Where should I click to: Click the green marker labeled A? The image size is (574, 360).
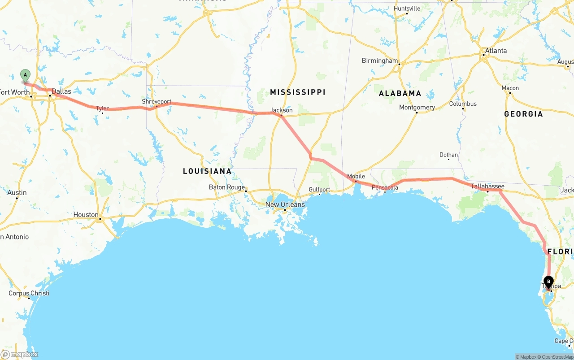26,75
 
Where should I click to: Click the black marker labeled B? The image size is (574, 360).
548,282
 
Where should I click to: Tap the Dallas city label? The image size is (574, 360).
61,91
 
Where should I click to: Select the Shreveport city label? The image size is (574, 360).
157,102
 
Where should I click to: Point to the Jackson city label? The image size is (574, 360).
282,110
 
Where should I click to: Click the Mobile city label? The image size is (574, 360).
356,176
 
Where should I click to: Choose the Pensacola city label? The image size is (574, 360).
385,187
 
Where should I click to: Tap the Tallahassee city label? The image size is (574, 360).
487,186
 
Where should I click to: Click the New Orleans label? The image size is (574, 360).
285,204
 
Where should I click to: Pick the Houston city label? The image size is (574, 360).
86,215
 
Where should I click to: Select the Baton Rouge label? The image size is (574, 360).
227,187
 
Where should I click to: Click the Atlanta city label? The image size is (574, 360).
496,51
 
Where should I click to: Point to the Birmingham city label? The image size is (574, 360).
380,61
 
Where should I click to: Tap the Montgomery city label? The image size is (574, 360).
417,107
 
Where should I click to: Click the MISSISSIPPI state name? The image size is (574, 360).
298,92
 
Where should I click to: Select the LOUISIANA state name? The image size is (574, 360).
207,171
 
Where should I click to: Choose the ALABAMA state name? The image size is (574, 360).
400,93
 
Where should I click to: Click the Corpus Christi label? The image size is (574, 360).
29,293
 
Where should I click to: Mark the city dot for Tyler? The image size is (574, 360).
102,113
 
